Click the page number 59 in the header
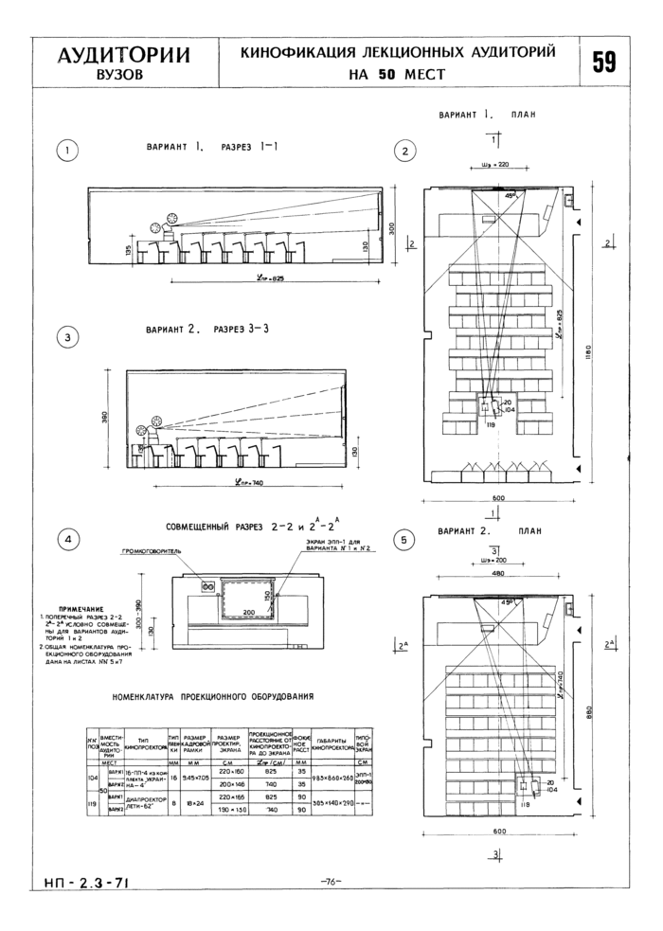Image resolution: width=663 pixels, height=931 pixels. click(604, 62)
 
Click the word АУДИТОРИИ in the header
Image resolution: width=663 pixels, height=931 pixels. click(123, 54)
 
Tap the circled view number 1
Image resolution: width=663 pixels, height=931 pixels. click(68, 149)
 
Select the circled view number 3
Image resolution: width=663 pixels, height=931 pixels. click(68, 336)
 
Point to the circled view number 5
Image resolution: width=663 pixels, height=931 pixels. click(405, 541)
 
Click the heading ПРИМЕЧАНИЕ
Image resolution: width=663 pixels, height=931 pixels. click(81, 609)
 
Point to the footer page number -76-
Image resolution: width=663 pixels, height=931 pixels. click(331, 882)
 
